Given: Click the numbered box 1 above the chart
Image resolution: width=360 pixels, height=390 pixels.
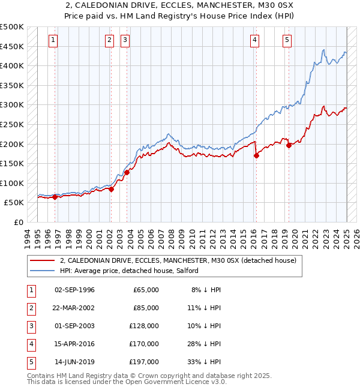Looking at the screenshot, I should (x=53, y=40).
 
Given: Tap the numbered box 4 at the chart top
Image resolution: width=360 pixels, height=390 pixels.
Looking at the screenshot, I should (x=254, y=40).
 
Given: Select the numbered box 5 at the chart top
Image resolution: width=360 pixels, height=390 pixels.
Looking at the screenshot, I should (x=287, y=40).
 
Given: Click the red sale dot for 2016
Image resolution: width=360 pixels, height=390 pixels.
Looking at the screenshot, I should (x=256, y=155).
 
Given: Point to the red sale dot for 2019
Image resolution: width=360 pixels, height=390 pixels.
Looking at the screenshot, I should (x=289, y=145).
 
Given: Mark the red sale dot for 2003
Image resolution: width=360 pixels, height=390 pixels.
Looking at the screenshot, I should (x=127, y=172).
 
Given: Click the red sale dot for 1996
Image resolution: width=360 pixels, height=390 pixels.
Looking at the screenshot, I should (x=55, y=196).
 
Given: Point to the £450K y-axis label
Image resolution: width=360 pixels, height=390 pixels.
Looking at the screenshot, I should (x=12, y=46).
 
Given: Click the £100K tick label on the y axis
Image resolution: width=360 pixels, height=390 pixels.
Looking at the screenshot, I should (x=12, y=183).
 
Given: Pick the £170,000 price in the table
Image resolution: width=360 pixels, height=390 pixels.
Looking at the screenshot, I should (x=145, y=344).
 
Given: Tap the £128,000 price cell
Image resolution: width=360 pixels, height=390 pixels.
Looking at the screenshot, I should (x=145, y=326).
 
